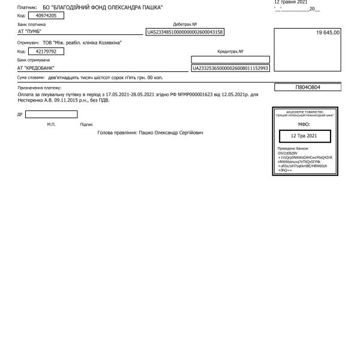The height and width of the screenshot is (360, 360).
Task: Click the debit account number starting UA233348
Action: tap(185, 32)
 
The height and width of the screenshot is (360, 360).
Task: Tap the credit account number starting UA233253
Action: tap(230, 68)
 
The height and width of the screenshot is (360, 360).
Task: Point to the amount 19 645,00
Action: tap(328, 32)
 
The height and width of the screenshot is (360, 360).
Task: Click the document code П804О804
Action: tap(308, 87)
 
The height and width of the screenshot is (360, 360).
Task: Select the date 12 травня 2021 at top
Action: tap(290, 2)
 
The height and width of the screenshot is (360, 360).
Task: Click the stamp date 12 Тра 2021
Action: tap(303, 136)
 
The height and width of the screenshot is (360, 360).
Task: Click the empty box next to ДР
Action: tap(52, 114)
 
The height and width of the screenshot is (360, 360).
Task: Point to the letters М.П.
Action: tap(51, 124)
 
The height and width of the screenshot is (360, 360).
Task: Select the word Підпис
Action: tap(86, 124)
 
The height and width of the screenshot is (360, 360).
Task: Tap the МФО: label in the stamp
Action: tap(303, 124)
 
